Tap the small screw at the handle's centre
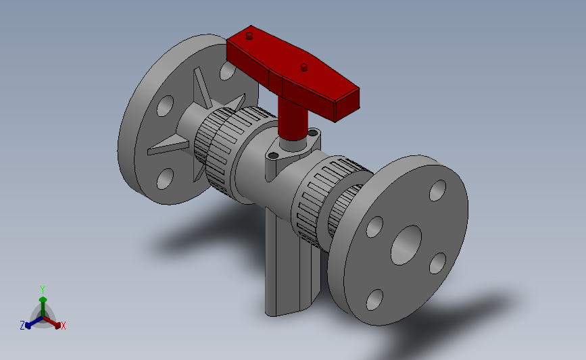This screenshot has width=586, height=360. pyautogui.click(x=304, y=66)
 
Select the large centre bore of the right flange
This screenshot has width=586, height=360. pyautogui.click(x=406, y=244)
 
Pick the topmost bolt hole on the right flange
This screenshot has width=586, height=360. pyautogui.click(x=437, y=190)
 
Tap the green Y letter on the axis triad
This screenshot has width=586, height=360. pyautogui.click(x=42, y=290)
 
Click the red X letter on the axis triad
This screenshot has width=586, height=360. pyautogui.click(x=64, y=326)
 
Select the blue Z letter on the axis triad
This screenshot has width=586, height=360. pyautogui.click(x=22, y=326)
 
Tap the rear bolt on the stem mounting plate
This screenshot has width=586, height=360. pyautogui.click(x=313, y=133)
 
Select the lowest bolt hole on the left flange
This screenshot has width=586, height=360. pyautogui.click(x=165, y=179)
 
